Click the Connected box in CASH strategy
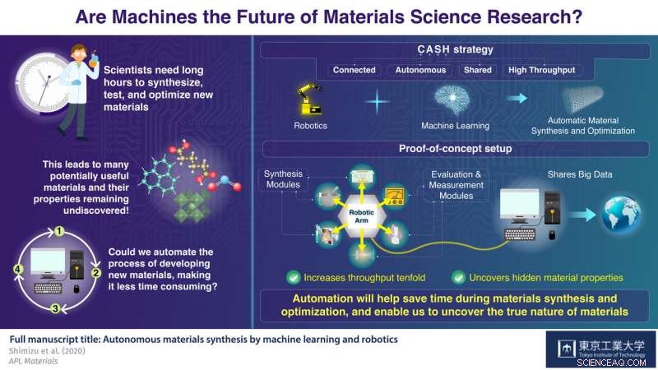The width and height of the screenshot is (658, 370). (354, 70)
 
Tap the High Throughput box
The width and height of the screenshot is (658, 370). (542, 70)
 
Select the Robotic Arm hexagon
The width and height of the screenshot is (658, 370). (362, 210)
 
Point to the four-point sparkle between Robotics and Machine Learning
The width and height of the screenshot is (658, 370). (378, 104)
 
